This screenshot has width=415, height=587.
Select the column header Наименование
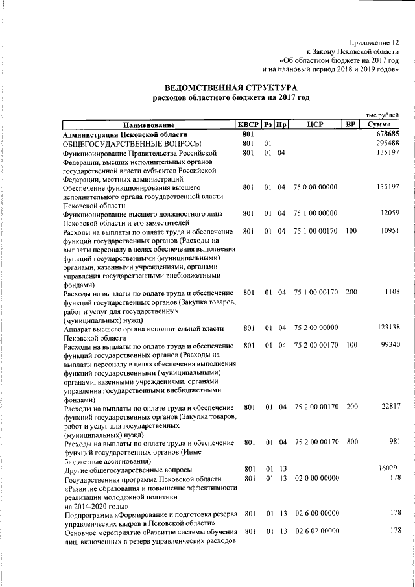point(148,125)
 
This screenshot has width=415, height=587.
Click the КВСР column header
point(248,125)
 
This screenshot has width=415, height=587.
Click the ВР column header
point(351,125)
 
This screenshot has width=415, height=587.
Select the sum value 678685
point(387,134)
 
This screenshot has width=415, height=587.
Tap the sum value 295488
point(387,143)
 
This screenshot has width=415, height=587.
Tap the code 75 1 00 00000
point(316,213)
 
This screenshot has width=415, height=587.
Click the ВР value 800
point(351,442)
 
